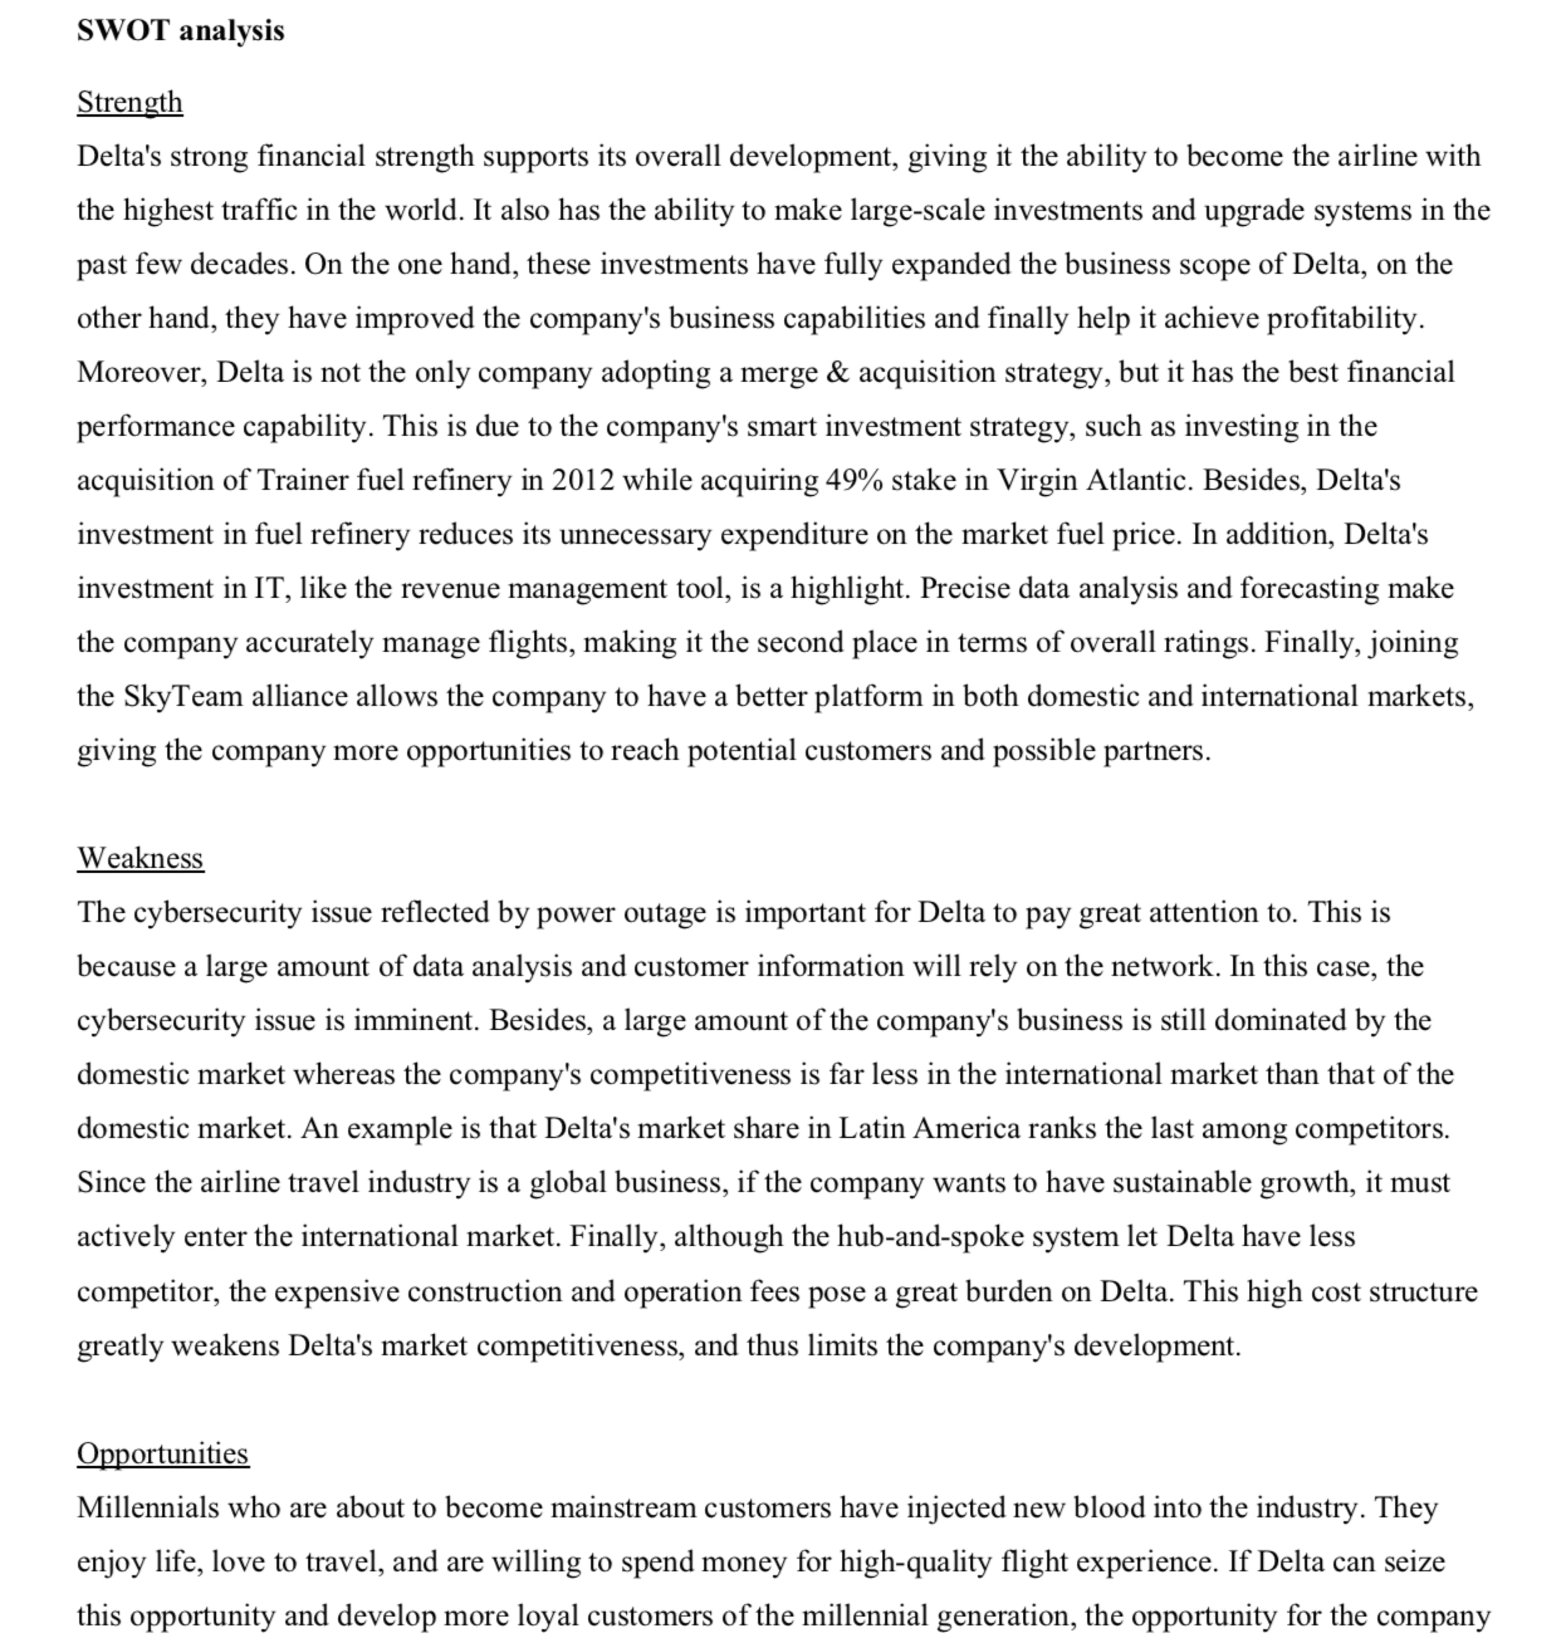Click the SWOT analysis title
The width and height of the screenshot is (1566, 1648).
point(180,31)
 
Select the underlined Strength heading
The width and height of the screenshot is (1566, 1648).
point(129,102)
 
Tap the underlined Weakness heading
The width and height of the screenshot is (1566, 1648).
point(140,858)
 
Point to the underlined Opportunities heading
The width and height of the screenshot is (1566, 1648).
point(163,1453)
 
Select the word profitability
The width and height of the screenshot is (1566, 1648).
point(1345,318)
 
